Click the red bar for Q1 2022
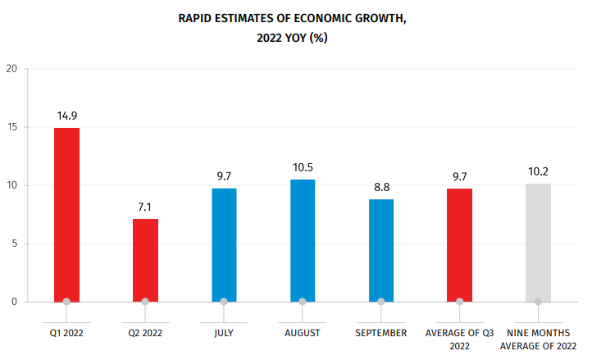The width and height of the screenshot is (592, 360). pos(66,214)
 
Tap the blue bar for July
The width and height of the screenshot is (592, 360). pos(224,244)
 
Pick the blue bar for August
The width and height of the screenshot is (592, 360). pos(303,240)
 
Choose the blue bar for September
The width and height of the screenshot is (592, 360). pos(381,250)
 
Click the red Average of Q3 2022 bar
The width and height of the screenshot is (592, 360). pos(459,244)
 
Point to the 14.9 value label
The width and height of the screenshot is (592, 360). pos(66,116)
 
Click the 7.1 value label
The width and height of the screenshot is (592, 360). pos(145,207)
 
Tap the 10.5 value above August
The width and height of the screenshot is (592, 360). pos(303,167)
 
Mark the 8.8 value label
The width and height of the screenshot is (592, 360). pos(381,187)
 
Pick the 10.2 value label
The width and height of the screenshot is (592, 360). pos(538,171)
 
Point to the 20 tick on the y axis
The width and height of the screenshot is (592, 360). pos(11,69)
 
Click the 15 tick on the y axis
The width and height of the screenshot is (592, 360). pos(11,127)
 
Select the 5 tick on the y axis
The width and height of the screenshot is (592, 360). pos(14,244)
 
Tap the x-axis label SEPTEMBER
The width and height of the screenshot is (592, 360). pos(381,333)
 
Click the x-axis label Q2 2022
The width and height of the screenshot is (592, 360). pos(145,333)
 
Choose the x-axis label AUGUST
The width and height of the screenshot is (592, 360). pos(303,333)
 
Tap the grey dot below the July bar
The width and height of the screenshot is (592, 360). pos(224,302)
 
